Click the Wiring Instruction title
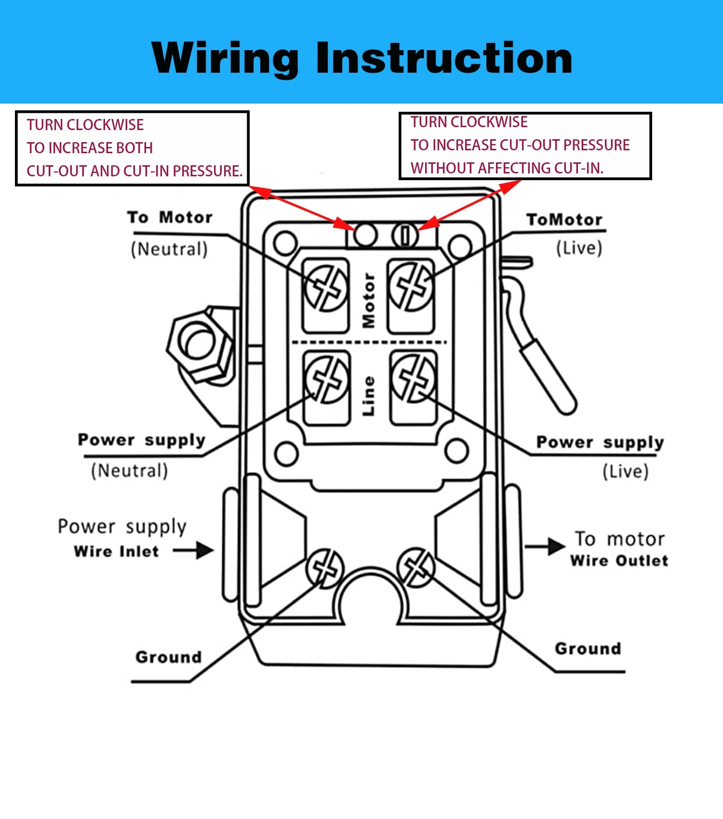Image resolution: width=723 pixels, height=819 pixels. click(361, 58)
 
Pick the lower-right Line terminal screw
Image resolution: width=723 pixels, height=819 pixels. click(414, 378)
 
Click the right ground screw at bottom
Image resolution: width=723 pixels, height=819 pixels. click(415, 567)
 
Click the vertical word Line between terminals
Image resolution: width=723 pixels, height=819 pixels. click(369, 396)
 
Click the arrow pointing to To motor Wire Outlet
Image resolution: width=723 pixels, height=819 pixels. click(545, 546)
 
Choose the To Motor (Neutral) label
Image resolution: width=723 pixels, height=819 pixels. click(170, 233)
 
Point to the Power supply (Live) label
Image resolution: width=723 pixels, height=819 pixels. click(601, 456)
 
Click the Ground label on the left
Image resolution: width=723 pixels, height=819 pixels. click(168, 657)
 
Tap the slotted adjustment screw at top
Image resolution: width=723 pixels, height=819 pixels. click(405, 236)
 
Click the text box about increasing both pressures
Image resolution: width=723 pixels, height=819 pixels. click(132, 148)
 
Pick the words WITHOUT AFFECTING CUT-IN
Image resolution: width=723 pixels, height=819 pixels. click(507, 168)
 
